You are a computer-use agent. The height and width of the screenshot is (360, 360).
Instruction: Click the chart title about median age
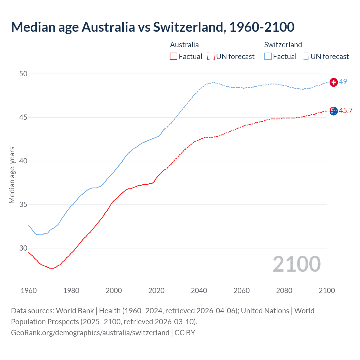point(153,27)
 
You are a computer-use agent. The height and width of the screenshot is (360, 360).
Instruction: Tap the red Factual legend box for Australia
point(174,56)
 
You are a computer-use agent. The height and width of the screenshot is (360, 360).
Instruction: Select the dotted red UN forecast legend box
point(211,56)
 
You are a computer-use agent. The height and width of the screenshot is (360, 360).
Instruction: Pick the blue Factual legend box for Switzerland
point(268,56)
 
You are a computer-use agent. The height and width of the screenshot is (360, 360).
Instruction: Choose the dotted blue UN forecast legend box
point(305,56)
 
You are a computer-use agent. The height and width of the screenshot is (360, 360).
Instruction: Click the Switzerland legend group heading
point(283,45)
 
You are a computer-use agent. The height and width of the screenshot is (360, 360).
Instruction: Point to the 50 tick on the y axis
point(23,74)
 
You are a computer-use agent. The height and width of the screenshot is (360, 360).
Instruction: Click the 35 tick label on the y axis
point(23,204)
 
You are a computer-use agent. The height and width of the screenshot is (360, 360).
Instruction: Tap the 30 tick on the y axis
point(23,248)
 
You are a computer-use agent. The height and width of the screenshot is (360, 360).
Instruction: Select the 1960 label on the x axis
point(29,291)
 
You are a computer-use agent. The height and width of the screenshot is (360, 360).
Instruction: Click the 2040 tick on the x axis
point(199,291)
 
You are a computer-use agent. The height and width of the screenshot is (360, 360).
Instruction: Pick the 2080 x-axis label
point(284,291)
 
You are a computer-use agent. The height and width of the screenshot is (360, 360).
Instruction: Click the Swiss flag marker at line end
point(334,82)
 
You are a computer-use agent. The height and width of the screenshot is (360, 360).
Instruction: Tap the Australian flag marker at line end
point(334,111)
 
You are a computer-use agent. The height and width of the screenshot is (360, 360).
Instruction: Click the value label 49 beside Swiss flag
point(343,82)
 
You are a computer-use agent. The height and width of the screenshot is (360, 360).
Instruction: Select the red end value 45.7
point(346,111)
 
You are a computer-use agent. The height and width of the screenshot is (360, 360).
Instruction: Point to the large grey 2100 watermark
point(296,264)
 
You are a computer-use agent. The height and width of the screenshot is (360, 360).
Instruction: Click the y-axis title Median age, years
point(12,175)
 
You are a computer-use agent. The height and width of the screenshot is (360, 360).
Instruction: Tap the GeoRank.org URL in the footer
point(90,333)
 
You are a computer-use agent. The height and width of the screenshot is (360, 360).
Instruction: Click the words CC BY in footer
point(185,333)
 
